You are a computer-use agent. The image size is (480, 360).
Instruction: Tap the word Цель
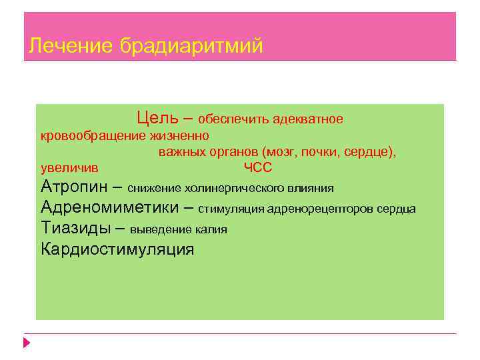tap(158, 118)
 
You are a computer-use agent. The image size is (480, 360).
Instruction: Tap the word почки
tap(320, 152)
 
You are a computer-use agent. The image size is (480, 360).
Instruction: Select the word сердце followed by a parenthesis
tap(370, 152)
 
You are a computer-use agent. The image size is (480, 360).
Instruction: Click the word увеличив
tap(69, 168)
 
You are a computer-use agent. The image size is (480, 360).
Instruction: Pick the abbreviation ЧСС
tap(258, 168)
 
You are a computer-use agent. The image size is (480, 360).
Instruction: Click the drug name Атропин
tap(74, 186)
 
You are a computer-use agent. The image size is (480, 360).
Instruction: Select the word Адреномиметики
tap(109, 207)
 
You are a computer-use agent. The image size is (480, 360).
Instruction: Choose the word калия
tap(211, 230)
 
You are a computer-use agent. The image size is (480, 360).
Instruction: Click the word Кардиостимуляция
tap(117, 250)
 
